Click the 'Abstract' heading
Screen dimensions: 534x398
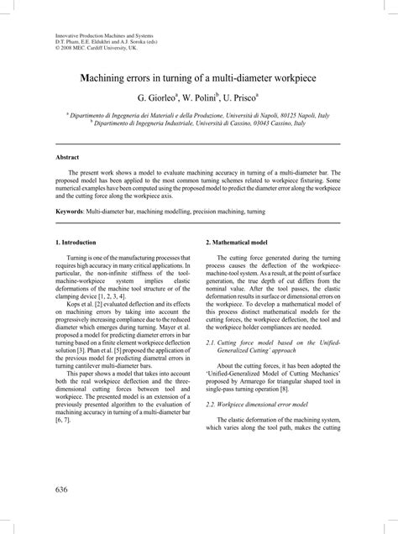click(x=67, y=157)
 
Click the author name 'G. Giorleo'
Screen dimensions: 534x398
click(x=154, y=98)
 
